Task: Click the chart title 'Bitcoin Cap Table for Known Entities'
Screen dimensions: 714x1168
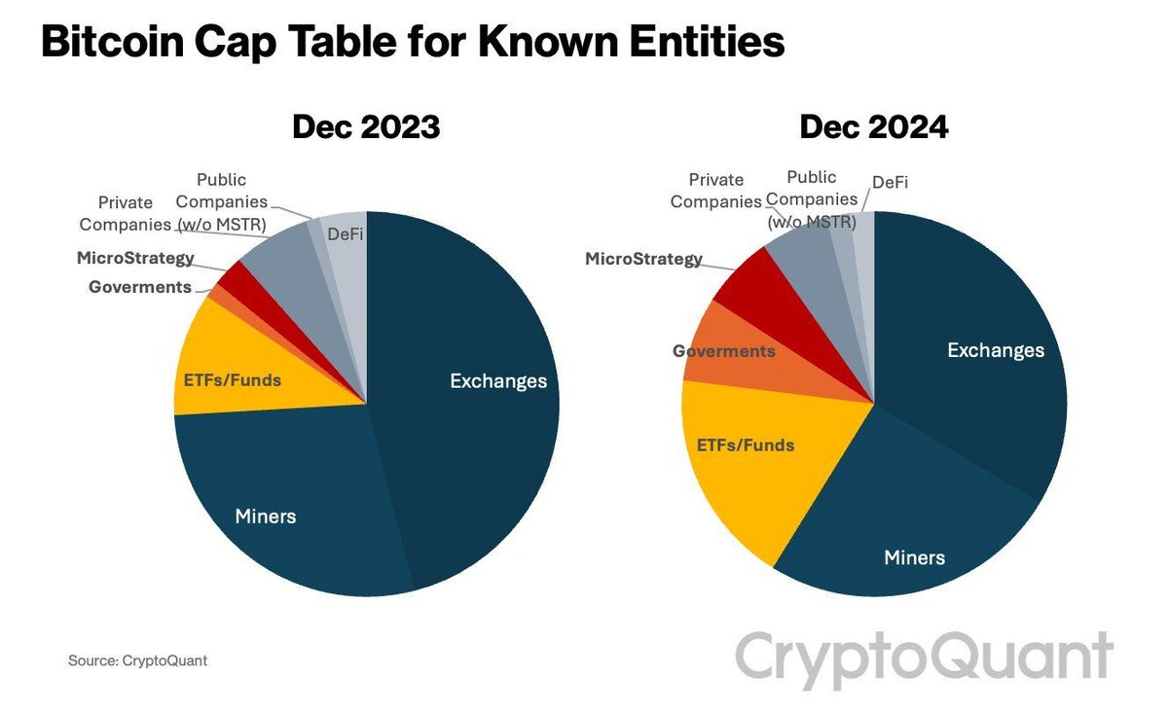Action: point(413,44)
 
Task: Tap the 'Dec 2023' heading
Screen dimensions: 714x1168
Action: point(367,127)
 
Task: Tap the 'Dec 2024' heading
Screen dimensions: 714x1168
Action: point(874,127)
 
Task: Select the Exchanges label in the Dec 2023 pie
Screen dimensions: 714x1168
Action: point(498,381)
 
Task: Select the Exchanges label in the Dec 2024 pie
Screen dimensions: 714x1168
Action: point(996,350)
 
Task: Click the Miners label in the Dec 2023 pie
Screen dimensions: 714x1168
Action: point(266,516)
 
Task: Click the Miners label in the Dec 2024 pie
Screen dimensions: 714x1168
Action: point(914,557)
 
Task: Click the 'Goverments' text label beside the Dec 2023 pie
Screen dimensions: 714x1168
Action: point(140,287)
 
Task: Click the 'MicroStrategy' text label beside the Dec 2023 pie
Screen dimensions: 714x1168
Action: point(135,259)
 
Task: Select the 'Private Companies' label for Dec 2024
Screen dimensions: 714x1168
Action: point(716,191)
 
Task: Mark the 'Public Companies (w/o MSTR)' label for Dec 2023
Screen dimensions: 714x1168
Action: point(222,202)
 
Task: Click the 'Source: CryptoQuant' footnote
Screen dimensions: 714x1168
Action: point(137,660)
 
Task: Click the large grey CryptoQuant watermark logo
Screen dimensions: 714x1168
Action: point(923,657)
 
